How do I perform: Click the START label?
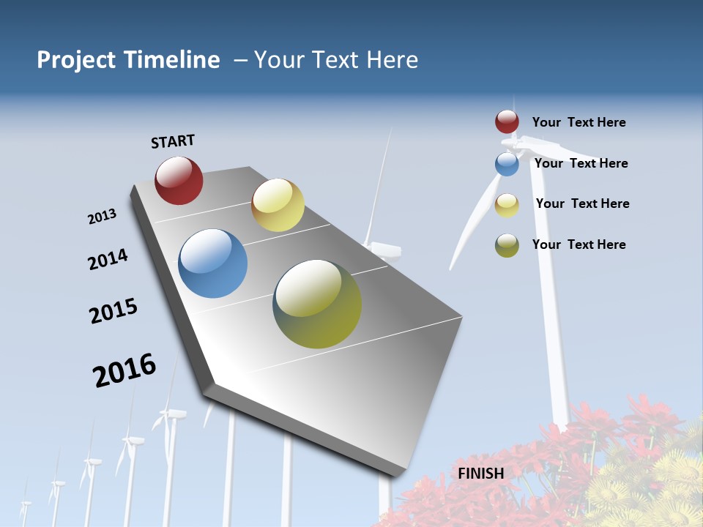tap(173, 141)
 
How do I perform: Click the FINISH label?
tap(481, 474)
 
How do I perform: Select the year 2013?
tap(102, 216)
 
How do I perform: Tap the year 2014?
tap(108, 259)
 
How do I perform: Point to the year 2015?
tap(114, 310)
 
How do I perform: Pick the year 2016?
tap(124, 370)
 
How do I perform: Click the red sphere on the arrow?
tap(179, 180)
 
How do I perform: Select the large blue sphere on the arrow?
tap(213, 263)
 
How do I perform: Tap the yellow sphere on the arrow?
tap(278, 205)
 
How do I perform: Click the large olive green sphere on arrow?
tap(317, 304)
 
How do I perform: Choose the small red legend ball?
tap(507, 122)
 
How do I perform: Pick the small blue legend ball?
tap(507, 164)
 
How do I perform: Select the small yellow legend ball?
tap(507, 205)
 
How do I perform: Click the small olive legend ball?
tap(507, 245)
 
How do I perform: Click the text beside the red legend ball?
tap(579, 122)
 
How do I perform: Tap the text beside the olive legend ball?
tap(579, 244)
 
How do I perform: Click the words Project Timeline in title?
tap(128, 60)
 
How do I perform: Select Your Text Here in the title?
tap(336, 60)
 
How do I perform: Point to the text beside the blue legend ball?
tap(581, 163)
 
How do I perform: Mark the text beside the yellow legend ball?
tap(582, 203)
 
